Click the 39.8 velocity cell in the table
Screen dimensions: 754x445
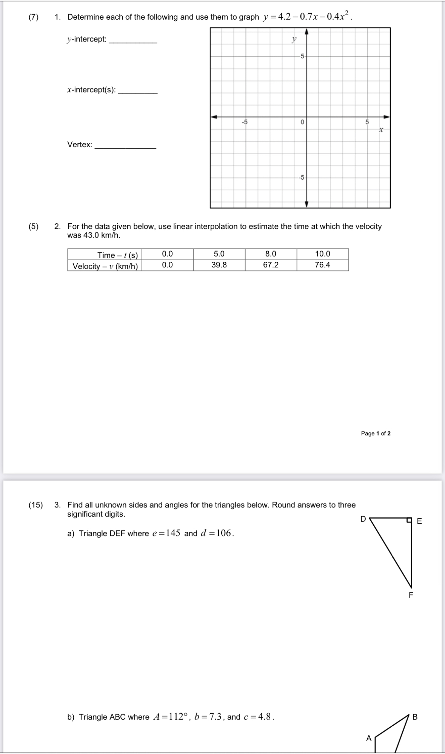pyautogui.click(x=219, y=265)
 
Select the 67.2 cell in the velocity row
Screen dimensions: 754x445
pyautogui.click(x=271, y=265)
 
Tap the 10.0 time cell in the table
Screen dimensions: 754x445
pyautogui.click(x=322, y=254)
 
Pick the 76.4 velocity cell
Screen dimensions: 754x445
pyautogui.click(x=322, y=265)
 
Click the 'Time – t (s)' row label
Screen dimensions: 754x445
pyautogui.click(x=117, y=255)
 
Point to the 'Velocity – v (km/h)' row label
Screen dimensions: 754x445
pyautogui.click(x=105, y=266)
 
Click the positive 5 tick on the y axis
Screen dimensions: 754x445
pyautogui.click(x=302, y=56)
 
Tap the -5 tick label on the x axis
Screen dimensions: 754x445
pyautogui.click(x=245, y=122)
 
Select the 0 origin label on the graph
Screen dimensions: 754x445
pyautogui.click(x=302, y=122)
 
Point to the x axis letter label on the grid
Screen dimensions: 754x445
pyautogui.click(x=381, y=130)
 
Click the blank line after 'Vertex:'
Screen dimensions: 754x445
pyautogui.click(x=125, y=147)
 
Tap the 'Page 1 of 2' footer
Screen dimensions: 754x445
pyautogui.click(x=376, y=433)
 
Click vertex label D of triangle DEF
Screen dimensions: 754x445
pyautogui.click(x=363, y=519)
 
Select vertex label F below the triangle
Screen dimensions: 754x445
pyautogui.click(x=411, y=595)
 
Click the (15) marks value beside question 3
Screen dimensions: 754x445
pyautogui.click(x=36, y=505)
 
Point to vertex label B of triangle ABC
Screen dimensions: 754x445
pyautogui.click(x=415, y=717)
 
